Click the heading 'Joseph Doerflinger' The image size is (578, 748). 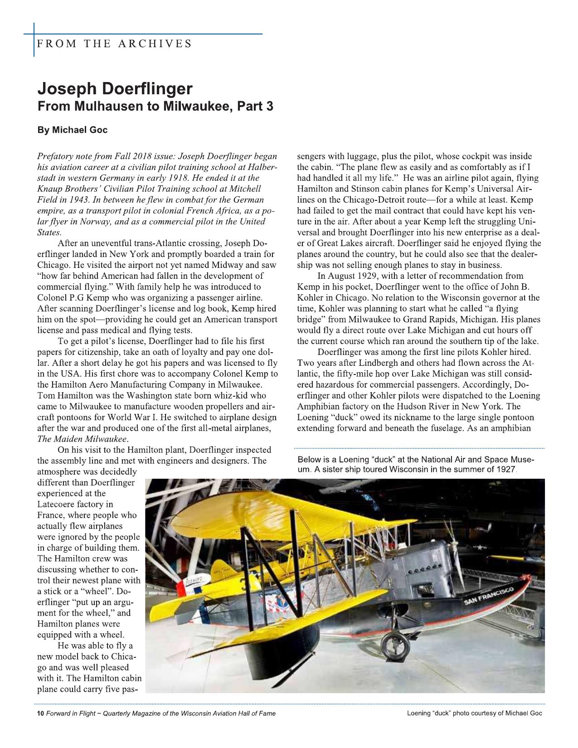115,88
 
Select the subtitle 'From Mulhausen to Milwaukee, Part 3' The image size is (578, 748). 155,107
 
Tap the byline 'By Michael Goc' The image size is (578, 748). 73,130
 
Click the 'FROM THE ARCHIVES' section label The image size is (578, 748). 114,44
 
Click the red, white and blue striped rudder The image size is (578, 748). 186,589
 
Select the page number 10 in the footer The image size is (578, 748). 40,714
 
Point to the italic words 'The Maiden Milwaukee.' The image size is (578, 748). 83,439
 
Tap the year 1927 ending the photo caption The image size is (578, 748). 505,469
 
